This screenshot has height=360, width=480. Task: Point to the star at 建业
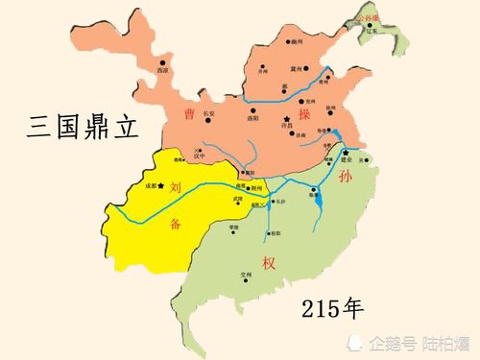coord(345,151)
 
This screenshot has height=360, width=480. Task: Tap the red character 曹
coord(190,115)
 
